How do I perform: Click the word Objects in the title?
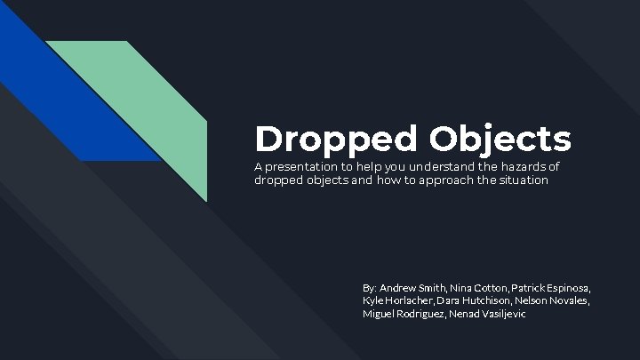[x=501, y=139]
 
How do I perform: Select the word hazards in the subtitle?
[x=518, y=167]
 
